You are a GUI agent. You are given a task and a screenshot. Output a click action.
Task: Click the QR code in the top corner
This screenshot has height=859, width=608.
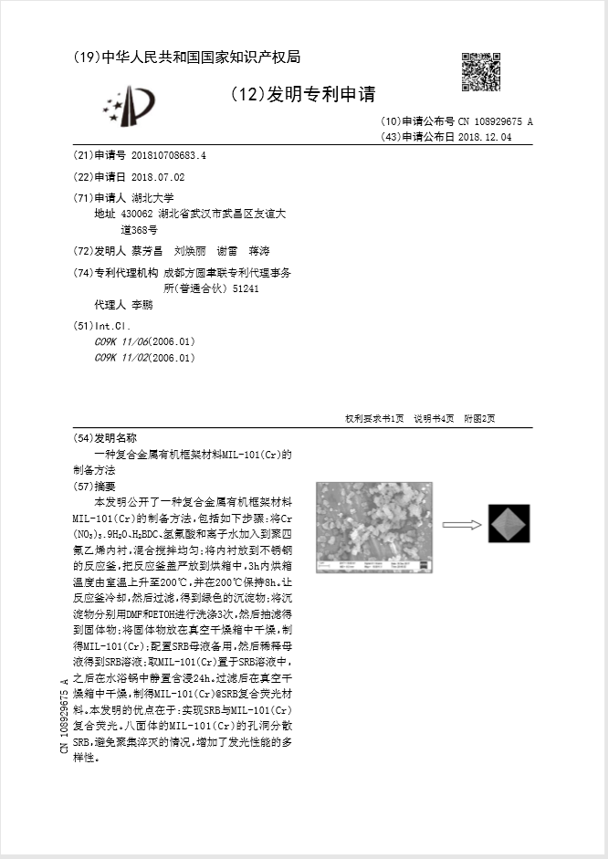pyautogui.click(x=480, y=72)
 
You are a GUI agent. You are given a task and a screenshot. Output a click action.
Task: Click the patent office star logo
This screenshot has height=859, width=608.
pyautogui.click(x=130, y=105)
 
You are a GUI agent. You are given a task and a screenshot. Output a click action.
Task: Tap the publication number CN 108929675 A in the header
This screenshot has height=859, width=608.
pyautogui.click(x=495, y=121)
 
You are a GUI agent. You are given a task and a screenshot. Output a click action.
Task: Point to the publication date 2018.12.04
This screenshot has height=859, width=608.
pyautogui.click(x=484, y=137)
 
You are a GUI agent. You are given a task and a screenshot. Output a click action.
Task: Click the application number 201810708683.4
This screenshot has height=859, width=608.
pyautogui.click(x=169, y=155)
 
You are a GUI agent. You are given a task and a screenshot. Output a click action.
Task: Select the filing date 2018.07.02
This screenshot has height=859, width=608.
pyautogui.click(x=158, y=177)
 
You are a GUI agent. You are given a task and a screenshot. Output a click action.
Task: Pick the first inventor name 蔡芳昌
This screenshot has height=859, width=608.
pyautogui.click(x=146, y=251)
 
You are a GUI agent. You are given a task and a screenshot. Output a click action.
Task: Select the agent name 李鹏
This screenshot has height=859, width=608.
pyautogui.click(x=142, y=305)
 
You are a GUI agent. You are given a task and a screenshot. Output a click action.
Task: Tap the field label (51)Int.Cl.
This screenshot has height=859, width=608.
pyautogui.click(x=101, y=325)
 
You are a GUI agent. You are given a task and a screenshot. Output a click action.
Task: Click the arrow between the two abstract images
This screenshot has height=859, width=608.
pyautogui.click(x=462, y=525)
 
